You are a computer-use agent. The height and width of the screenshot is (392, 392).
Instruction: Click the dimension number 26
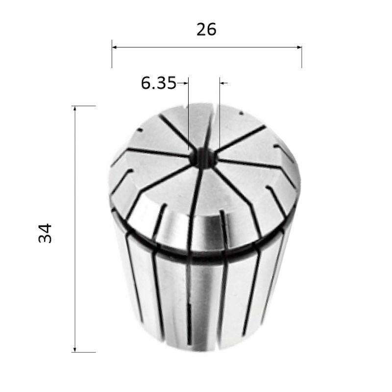[206, 29]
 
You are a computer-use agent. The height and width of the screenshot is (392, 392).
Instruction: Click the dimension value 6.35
[159, 83]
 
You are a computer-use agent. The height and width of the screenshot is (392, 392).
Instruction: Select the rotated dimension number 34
[45, 233]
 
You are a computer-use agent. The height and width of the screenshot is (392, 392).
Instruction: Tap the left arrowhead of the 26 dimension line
[114, 47]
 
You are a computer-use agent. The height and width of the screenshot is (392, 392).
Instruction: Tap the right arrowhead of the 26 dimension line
[299, 47]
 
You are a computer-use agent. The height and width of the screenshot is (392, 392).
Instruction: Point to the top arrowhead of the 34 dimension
[75, 108]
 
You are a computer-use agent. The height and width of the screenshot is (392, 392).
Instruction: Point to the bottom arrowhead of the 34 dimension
[75, 350]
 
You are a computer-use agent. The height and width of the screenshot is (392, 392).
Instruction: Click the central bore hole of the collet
[203, 158]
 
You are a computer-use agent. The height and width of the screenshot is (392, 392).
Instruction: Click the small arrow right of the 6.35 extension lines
[224, 83]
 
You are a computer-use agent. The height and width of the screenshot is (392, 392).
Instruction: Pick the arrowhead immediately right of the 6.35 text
[186, 83]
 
